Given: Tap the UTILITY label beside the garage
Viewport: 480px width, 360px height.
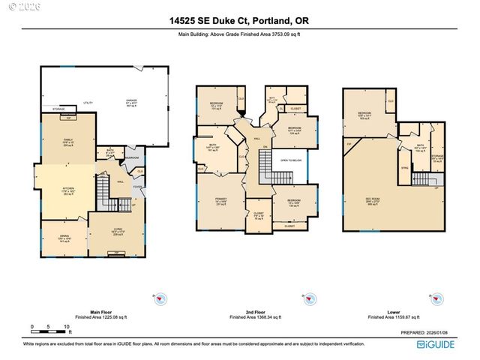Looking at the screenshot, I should pos(88,102).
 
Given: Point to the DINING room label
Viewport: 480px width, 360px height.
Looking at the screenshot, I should pos(64,237).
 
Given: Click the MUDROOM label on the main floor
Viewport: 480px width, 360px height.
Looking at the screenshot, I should pos(131,158).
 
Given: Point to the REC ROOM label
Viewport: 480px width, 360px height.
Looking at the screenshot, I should pos(373,199).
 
